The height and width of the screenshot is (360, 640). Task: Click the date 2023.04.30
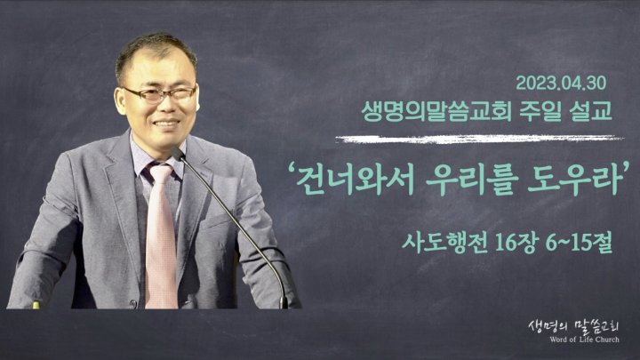point(561,83)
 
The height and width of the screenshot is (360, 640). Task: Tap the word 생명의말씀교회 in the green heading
point(436,111)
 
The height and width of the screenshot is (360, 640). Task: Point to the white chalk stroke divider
point(479,140)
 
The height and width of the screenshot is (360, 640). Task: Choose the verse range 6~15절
point(579,243)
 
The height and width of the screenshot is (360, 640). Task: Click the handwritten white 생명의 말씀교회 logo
point(573,326)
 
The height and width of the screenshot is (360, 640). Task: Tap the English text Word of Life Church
point(584,340)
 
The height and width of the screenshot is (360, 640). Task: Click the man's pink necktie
point(161,236)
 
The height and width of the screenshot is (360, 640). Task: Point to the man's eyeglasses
point(160,95)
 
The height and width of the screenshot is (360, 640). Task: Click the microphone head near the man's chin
point(178,154)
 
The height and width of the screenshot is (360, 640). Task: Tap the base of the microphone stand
point(284,303)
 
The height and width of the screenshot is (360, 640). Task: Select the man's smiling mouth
point(166,123)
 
